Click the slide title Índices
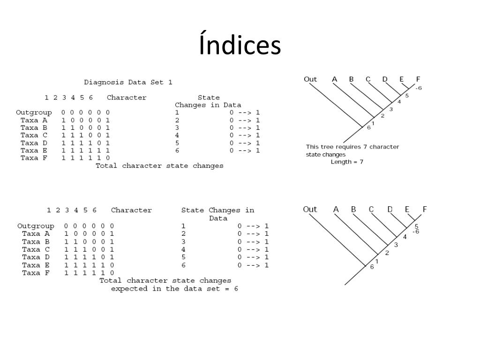[x=240, y=45]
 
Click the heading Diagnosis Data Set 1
[x=128, y=82]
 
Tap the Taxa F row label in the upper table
[x=36, y=158]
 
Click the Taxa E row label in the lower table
[x=37, y=265]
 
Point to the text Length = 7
[x=347, y=162]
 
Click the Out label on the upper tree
[x=310, y=79]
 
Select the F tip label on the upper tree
[x=418, y=79]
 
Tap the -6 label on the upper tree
[x=418, y=88]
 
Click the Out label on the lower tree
[x=310, y=209]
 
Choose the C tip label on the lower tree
[x=371, y=209]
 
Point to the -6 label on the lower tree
[x=415, y=232]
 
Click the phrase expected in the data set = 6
[x=174, y=288]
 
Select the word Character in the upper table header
[x=127, y=97]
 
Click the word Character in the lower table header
[x=131, y=210]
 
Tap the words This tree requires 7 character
[x=352, y=147]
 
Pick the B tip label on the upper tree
[x=351, y=79]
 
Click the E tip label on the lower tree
[x=407, y=209]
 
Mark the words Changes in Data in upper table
[x=208, y=105]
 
